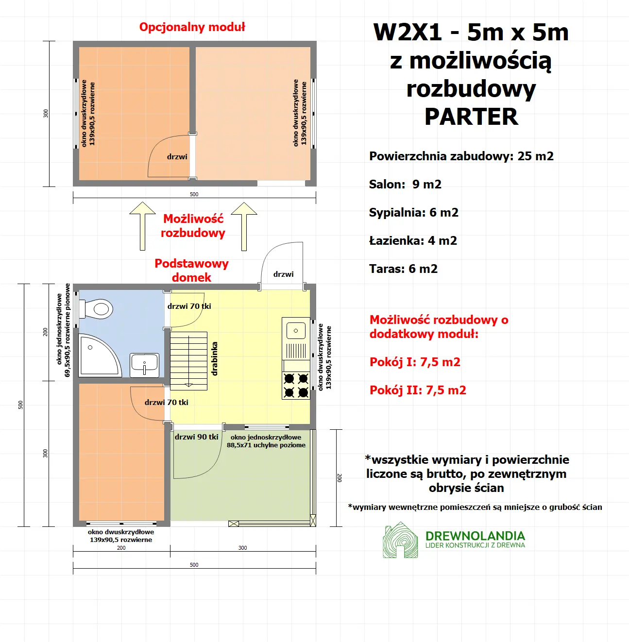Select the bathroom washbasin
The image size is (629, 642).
click(x=144, y=364)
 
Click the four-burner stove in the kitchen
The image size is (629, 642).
click(x=296, y=385)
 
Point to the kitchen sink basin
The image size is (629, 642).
click(x=295, y=331)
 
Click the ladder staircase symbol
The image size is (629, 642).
click(x=188, y=360)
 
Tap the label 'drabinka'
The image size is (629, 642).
click(x=215, y=358)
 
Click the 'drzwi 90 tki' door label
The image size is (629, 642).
click(x=196, y=437)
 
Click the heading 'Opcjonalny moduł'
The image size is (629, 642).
click(x=192, y=27)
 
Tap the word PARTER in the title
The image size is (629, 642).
click(x=471, y=117)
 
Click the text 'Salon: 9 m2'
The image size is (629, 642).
click(x=405, y=185)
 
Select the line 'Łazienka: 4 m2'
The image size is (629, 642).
click(x=413, y=241)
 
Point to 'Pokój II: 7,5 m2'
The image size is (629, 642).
click(x=418, y=390)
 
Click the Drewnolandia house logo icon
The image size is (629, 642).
click(x=400, y=541)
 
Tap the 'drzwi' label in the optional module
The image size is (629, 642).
click(x=177, y=157)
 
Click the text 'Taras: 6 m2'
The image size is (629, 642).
click(x=403, y=269)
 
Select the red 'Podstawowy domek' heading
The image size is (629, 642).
click(x=191, y=270)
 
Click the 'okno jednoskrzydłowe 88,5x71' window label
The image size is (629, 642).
click(x=266, y=441)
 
